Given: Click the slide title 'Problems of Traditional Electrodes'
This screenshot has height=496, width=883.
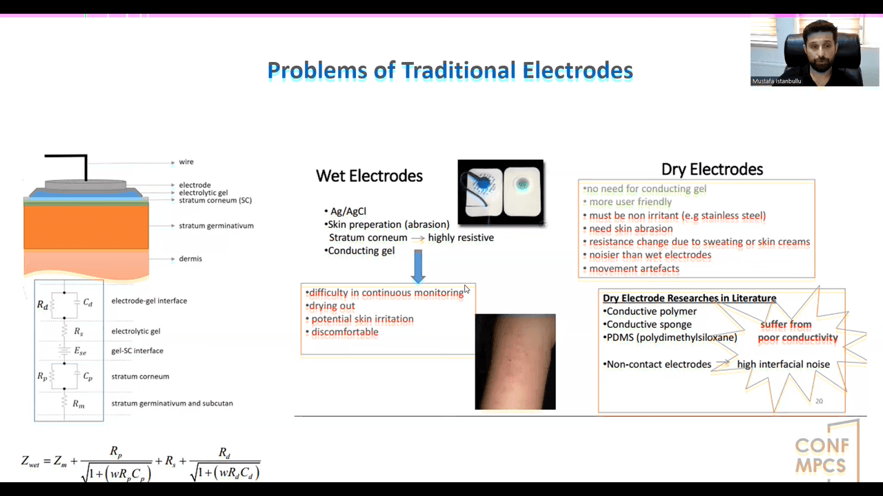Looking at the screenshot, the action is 450,71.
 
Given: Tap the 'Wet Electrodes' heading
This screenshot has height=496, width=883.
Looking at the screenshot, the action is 369,176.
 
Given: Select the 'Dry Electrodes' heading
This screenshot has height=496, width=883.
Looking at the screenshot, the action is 712,169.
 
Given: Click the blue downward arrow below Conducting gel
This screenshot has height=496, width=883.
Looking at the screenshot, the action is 418,266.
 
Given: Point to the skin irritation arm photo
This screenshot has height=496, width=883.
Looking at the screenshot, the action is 515,362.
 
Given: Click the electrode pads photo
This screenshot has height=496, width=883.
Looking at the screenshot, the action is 501,192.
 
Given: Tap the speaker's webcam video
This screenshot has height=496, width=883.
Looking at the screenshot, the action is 815,52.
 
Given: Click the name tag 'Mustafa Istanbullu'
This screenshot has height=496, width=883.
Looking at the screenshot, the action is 777,81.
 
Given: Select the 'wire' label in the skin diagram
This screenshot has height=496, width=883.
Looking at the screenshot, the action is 186,162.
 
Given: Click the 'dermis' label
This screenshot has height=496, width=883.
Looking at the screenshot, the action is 190,258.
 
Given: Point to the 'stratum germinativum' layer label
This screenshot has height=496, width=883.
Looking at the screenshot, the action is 217,225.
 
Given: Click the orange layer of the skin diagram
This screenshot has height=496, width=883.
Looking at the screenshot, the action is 86,227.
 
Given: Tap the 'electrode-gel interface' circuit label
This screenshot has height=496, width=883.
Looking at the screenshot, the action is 149,301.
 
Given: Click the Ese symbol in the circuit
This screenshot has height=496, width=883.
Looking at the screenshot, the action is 80,351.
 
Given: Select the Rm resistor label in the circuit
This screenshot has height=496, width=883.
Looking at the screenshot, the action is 79,404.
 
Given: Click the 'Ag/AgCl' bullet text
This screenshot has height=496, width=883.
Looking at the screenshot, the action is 348,211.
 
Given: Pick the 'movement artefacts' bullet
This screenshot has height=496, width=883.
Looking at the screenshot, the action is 634,269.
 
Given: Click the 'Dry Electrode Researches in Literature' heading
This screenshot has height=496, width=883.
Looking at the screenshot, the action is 689,298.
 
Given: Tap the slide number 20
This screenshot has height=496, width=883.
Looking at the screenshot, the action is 819,401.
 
